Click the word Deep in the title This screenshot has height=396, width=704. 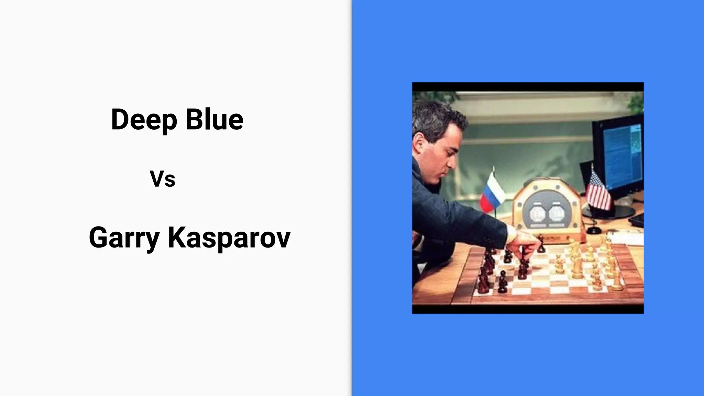pos(144,120)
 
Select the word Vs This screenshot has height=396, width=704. pos(162,179)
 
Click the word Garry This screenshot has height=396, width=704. pos(124,238)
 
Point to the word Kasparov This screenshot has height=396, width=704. pos(229,238)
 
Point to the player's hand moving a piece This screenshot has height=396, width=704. pos(526,244)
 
